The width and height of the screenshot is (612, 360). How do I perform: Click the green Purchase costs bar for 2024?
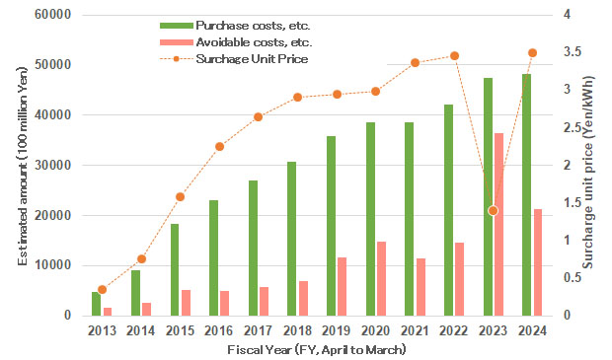click(x=526, y=194)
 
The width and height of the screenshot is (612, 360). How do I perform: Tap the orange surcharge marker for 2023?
click(x=494, y=210)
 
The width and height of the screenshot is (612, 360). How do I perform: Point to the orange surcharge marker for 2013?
click(x=102, y=289)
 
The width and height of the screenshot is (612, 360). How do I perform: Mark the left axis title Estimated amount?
click(x=23, y=166)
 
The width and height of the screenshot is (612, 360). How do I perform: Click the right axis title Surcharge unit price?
click(x=589, y=166)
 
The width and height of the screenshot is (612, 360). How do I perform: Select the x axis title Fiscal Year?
click(x=316, y=350)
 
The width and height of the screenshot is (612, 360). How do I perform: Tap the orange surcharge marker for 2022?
click(x=455, y=56)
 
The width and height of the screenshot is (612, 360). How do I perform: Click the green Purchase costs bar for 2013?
click(x=97, y=304)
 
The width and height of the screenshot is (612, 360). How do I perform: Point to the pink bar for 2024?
click(x=539, y=262)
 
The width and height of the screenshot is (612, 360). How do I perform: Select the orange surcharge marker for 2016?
click(x=219, y=146)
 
